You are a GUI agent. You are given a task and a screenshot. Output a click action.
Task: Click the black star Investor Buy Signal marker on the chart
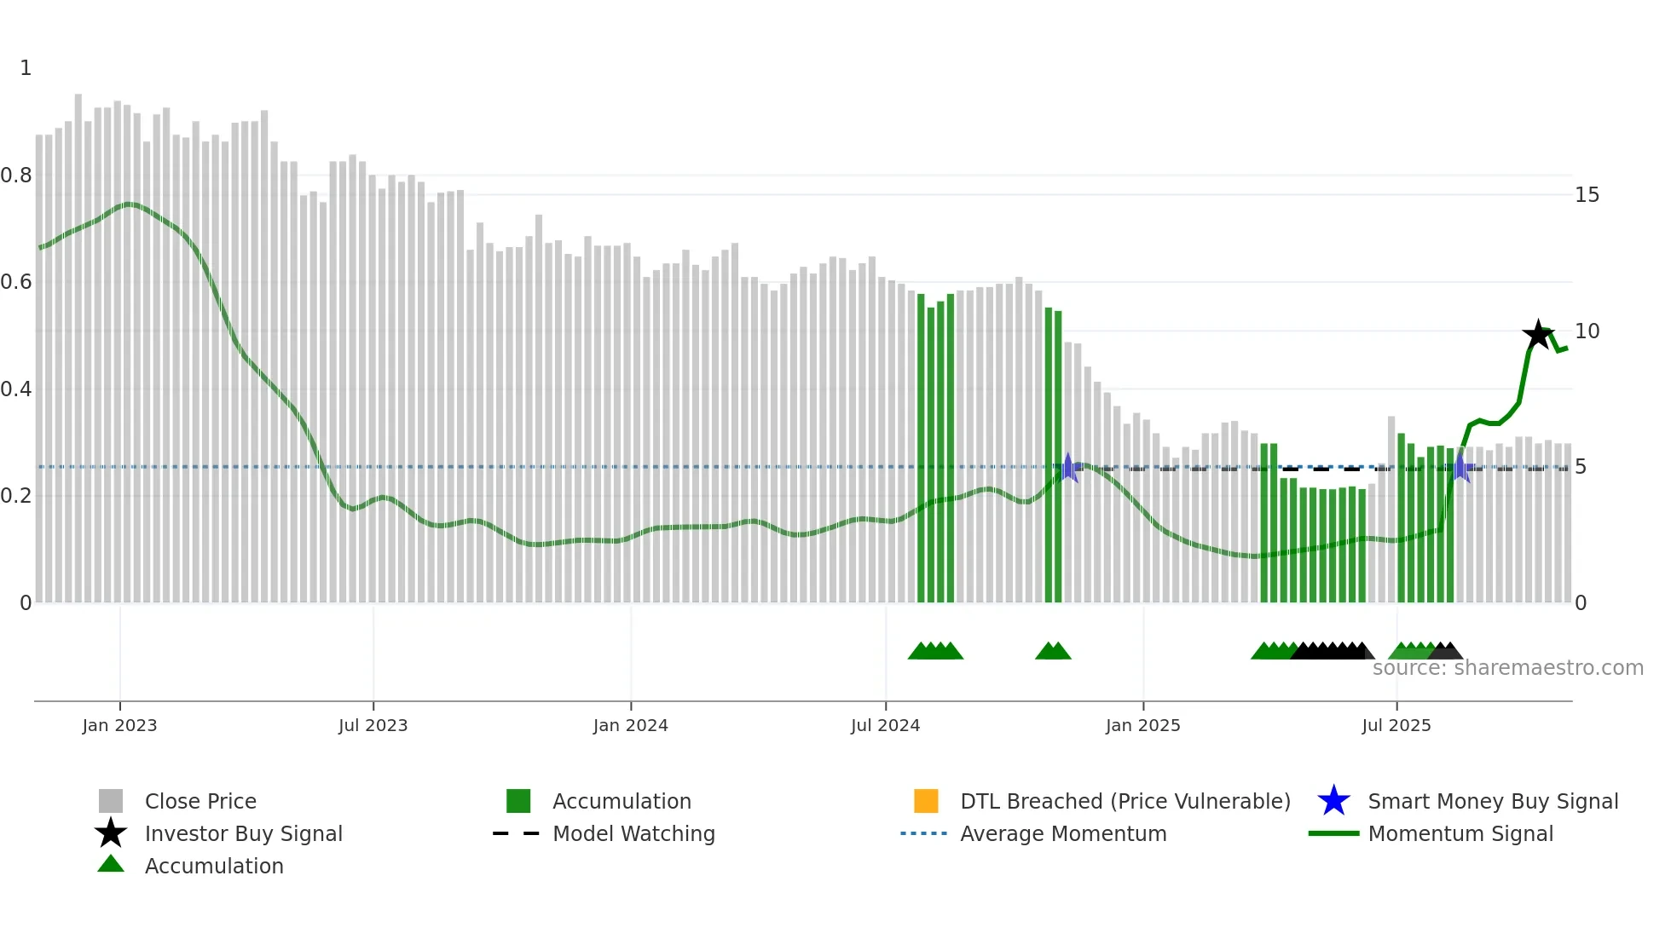point(1538,335)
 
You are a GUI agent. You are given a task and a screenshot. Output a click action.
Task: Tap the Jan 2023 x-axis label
point(119,725)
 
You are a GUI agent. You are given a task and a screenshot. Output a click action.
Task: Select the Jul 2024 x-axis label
point(885,725)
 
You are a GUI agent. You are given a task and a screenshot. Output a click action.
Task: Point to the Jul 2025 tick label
point(1396,725)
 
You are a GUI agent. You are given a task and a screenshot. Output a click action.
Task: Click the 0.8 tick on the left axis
point(17,176)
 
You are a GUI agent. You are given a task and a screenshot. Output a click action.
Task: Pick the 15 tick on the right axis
point(1587,195)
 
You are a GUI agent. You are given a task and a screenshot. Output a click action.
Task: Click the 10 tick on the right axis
point(1587,331)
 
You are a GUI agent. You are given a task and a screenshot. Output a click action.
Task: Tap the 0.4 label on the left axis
point(17,389)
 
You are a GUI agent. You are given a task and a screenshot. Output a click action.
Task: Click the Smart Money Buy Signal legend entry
point(1492,801)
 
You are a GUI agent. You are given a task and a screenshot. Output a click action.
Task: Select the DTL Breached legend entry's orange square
point(926,801)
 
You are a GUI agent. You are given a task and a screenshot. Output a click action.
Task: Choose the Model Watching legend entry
point(633,833)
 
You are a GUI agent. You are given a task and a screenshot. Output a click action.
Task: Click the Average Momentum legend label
point(1062,833)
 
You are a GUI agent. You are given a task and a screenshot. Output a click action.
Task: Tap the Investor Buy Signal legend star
point(111,833)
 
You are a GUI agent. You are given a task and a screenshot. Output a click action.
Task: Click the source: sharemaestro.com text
point(1507,668)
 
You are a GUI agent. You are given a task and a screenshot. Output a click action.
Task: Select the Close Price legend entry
point(199,801)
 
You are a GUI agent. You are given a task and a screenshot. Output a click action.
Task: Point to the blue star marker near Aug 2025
point(1460,467)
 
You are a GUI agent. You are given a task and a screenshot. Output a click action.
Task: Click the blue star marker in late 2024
point(1068,467)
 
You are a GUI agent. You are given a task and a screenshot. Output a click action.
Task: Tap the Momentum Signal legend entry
point(1460,833)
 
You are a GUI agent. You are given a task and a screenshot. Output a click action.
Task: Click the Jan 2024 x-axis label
point(630,725)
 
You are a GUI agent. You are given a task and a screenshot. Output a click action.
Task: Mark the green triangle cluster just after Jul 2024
point(935,651)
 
